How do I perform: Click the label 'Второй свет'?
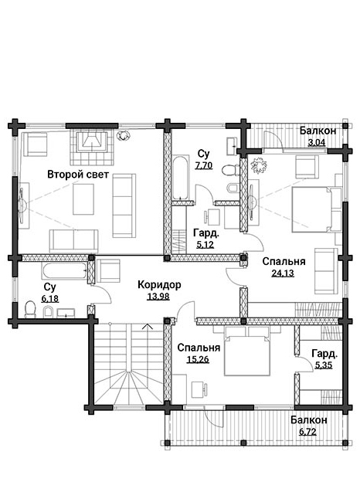[x=78, y=175]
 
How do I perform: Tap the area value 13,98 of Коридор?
[x=158, y=297]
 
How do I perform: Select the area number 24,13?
[x=283, y=273]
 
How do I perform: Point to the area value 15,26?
[x=198, y=360]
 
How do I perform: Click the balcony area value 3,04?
[x=317, y=142]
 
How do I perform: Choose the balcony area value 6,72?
[x=307, y=432]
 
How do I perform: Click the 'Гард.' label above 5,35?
[x=324, y=353]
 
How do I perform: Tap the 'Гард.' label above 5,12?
[x=206, y=233]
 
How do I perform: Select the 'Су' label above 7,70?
[x=203, y=154]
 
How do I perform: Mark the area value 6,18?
[x=50, y=298]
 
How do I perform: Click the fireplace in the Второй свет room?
[x=92, y=147]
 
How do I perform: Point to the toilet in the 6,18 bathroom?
[x=31, y=309]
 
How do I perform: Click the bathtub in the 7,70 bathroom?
[x=181, y=178]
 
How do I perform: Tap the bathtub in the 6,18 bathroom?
[x=64, y=270]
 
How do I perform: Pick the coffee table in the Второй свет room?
[x=83, y=199]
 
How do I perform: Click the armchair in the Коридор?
[x=107, y=271]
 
